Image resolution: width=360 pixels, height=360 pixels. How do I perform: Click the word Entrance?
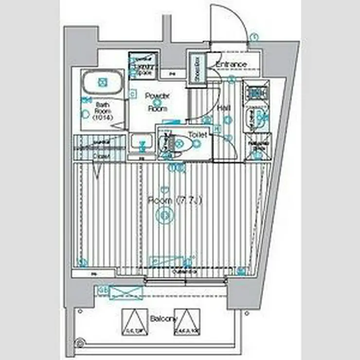coord(231,65)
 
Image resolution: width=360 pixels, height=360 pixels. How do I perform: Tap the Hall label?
coord(224,108)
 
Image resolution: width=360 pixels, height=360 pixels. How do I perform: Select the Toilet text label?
coord(198,134)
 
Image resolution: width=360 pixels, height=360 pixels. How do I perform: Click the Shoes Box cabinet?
coord(198,70)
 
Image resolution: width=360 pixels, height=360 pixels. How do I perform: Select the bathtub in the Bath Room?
coord(102,83)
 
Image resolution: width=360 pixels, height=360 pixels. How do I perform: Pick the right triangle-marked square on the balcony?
coord(187,322)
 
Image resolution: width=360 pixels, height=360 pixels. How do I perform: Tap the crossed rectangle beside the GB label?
coord(126,293)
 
